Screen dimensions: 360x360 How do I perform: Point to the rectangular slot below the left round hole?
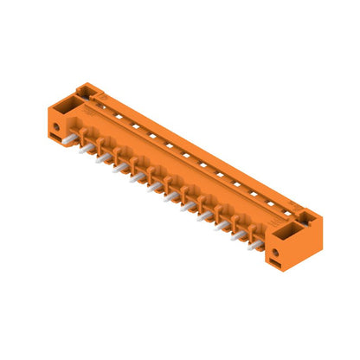[x=60, y=138]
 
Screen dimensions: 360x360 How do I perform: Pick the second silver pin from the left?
[x=102, y=157]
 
